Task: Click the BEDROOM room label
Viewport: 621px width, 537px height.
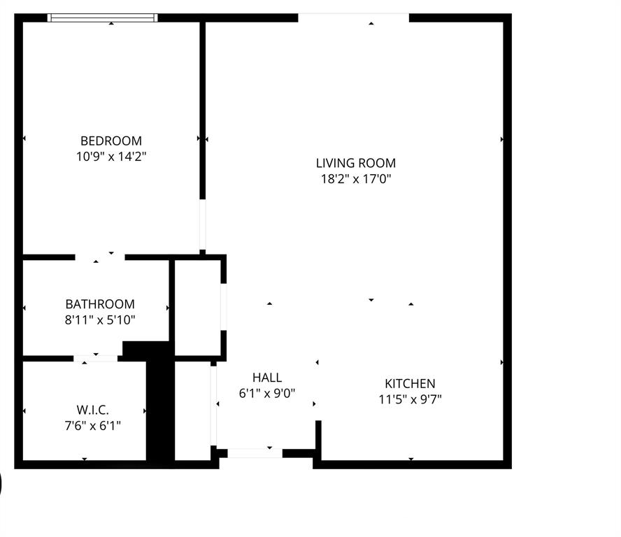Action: (x=111, y=141)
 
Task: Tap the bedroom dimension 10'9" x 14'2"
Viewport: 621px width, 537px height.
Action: (x=111, y=157)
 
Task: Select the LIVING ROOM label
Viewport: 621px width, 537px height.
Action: (x=356, y=163)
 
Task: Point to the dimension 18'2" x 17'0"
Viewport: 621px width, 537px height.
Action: (x=356, y=179)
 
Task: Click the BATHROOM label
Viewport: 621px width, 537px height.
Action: (x=100, y=304)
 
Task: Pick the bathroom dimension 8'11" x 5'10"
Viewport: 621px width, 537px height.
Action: (x=100, y=320)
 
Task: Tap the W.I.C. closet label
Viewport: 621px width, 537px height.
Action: (x=92, y=410)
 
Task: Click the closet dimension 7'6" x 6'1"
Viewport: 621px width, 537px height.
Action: (x=92, y=425)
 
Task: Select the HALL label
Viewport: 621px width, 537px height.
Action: (x=267, y=378)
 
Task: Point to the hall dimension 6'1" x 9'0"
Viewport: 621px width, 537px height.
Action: (x=267, y=394)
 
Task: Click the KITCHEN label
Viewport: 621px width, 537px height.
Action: (x=410, y=383)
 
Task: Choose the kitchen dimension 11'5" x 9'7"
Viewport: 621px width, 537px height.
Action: (x=410, y=399)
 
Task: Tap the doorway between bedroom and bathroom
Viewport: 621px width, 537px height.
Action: (x=100, y=257)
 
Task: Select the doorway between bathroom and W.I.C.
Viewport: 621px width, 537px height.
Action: (x=96, y=358)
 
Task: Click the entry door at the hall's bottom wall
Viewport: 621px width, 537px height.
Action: (x=255, y=453)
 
